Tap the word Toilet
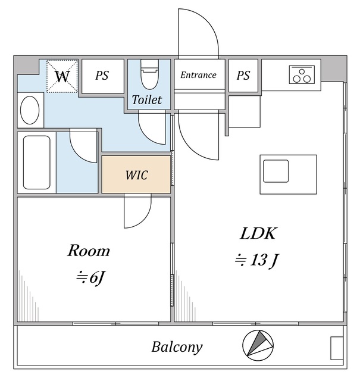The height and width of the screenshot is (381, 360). click(147, 99)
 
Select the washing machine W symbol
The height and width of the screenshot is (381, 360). click(62, 76)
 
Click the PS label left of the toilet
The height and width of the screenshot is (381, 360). click(102, 76)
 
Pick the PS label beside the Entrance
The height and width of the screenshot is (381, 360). click(243, 76)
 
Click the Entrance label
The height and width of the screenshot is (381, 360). click(198, 75)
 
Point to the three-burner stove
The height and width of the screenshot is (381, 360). click(302, 74)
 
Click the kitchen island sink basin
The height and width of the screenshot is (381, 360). click(276, 171)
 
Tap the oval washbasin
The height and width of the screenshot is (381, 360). click(30, 110)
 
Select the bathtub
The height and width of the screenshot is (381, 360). click(37, 163)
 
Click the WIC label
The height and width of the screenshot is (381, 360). click(136, 175)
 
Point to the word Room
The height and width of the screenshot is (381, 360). click(89, 251)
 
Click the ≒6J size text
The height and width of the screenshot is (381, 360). click(90, 277)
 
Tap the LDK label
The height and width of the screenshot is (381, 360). click(258, 233)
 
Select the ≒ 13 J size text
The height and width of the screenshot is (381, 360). click(256, 260)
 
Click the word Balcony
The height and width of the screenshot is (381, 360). click(177, 347)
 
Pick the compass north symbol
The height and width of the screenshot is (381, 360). click(258, 345)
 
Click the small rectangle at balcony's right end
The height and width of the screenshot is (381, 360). click(337, 348)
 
